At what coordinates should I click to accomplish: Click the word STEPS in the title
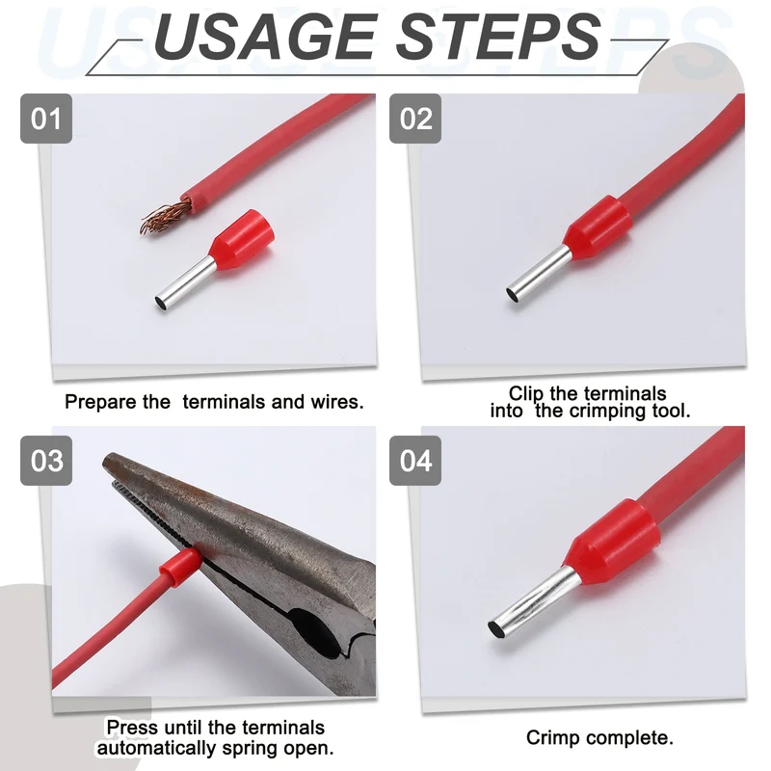pyautogui.click(x=499, y=37)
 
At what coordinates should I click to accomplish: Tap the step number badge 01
pyautogui.click(x=46, y=119)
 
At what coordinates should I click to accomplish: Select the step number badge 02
pyautogui.click(x=415, y=119)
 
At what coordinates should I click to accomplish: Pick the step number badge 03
pyautogui.click(x=46, y=461)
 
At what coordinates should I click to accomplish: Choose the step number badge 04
pyautogui.click(x=415, y=461)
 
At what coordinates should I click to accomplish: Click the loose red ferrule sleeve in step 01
pyautogui.click(x=244, y=235)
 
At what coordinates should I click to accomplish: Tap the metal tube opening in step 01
pyautogui.click(x=161, y=303)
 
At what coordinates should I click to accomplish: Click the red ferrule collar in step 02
pyautogui.click(x=598, y=224)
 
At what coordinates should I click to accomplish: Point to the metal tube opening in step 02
pyautogui.click(x=513, y=295)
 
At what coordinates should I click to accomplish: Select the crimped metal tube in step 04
pyautogui.click(x=534, y=601)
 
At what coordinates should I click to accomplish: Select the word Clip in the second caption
pyautogui.click(x=526, y=393)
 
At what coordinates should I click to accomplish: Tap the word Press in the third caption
pyautogui.click(x=132, y=728)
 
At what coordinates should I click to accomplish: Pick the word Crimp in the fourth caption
pyautogui.click(x=552, y=738)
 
